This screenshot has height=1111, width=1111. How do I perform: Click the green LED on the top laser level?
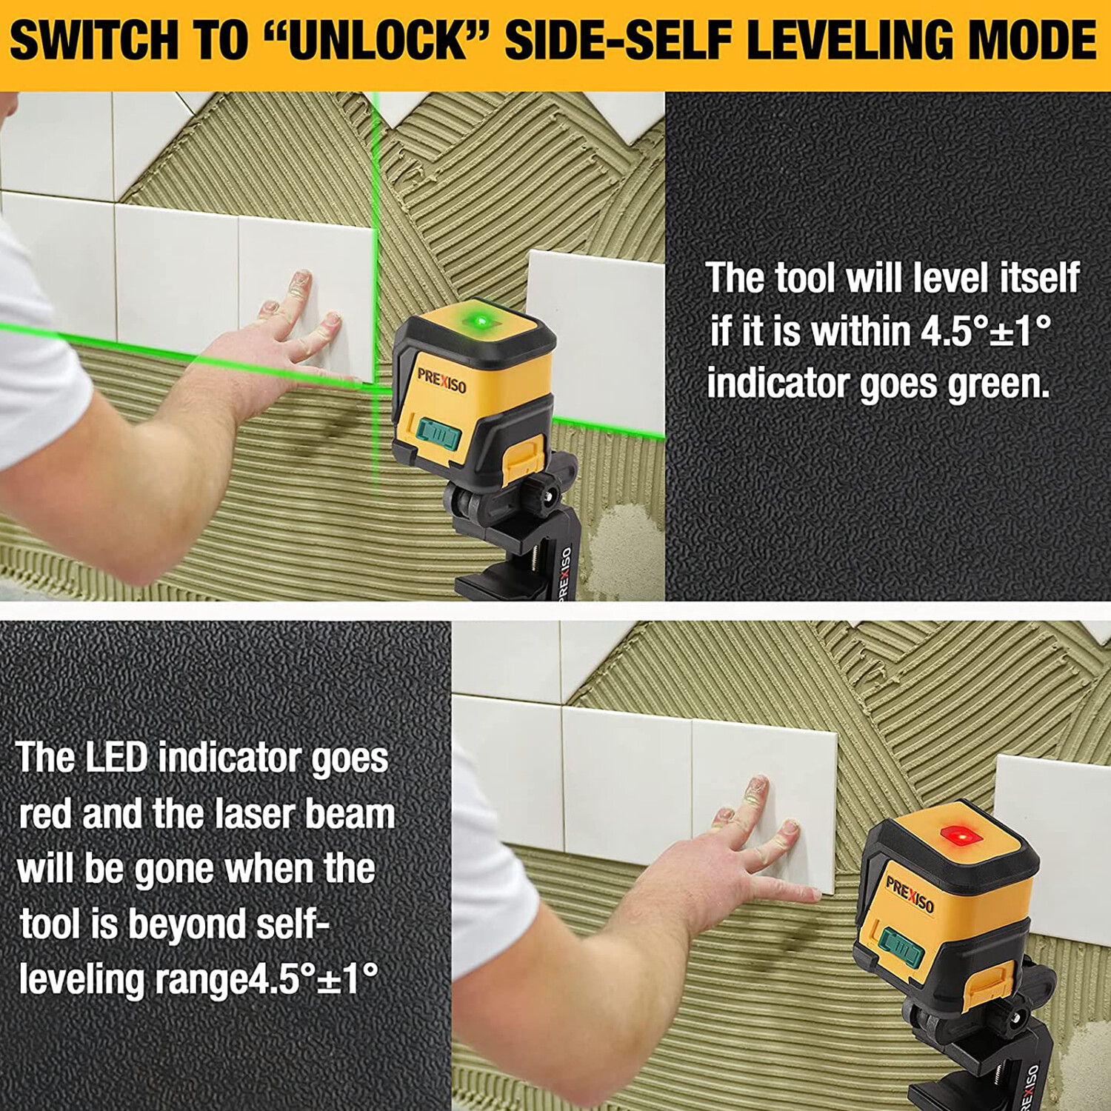click(480, 321)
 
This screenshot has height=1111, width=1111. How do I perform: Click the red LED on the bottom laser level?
click(961, 837)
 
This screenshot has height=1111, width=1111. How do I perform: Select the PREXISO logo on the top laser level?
click(441, 380)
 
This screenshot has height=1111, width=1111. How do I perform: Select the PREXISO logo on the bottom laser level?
click(910, 894)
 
